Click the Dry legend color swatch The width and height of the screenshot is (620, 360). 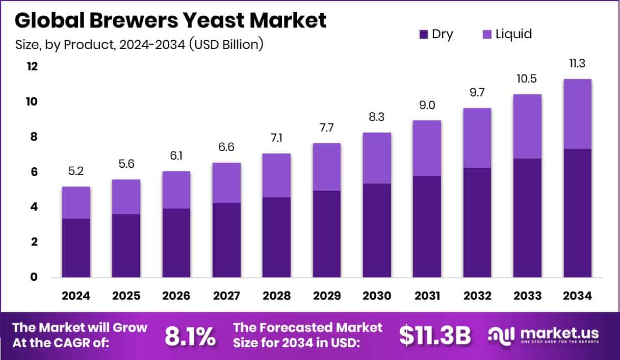[423, 35]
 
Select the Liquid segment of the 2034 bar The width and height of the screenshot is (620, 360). [577, 114]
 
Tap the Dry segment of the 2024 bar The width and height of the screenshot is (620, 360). [76, 248]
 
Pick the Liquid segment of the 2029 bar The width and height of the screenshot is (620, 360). [327, 167]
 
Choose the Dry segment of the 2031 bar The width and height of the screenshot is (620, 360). [427, 226]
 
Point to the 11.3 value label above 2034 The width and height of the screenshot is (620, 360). [577, 64]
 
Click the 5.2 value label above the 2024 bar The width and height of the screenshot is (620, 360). [76, 171]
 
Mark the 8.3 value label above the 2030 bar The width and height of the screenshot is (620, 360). [377, 117]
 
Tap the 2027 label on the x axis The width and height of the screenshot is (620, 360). [226, 296]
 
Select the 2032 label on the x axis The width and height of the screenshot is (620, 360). [477, 296]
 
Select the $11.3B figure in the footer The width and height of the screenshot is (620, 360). [434, 336]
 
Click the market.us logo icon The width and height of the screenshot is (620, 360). [501, 335]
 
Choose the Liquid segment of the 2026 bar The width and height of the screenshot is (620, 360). [176, 190]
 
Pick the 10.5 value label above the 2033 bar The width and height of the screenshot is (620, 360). [527, 79]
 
